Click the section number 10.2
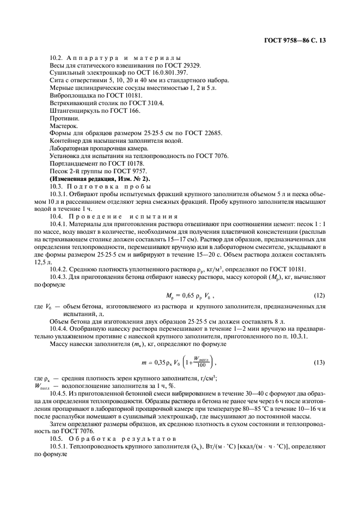click(57, 58)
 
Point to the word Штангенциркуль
click(75, 111)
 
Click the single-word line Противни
click(63, 118)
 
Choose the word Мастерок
click(63, 126)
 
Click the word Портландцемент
click(76, 164)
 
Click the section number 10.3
click(57, 187)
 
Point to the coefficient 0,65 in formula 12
click(190, 296)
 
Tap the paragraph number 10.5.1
click(60, 446)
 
